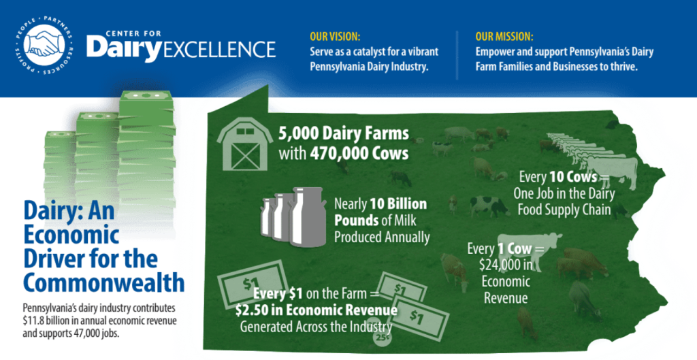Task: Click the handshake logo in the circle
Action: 44,44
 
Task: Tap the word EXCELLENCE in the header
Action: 220,49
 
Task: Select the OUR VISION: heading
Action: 335,37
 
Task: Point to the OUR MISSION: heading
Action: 504,37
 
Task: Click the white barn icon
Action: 245,143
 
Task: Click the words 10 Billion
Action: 398,204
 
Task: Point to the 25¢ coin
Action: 382,337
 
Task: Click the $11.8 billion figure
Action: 45,321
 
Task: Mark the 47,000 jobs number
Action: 93,333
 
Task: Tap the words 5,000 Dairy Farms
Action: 344,133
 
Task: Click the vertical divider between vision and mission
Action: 457,55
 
